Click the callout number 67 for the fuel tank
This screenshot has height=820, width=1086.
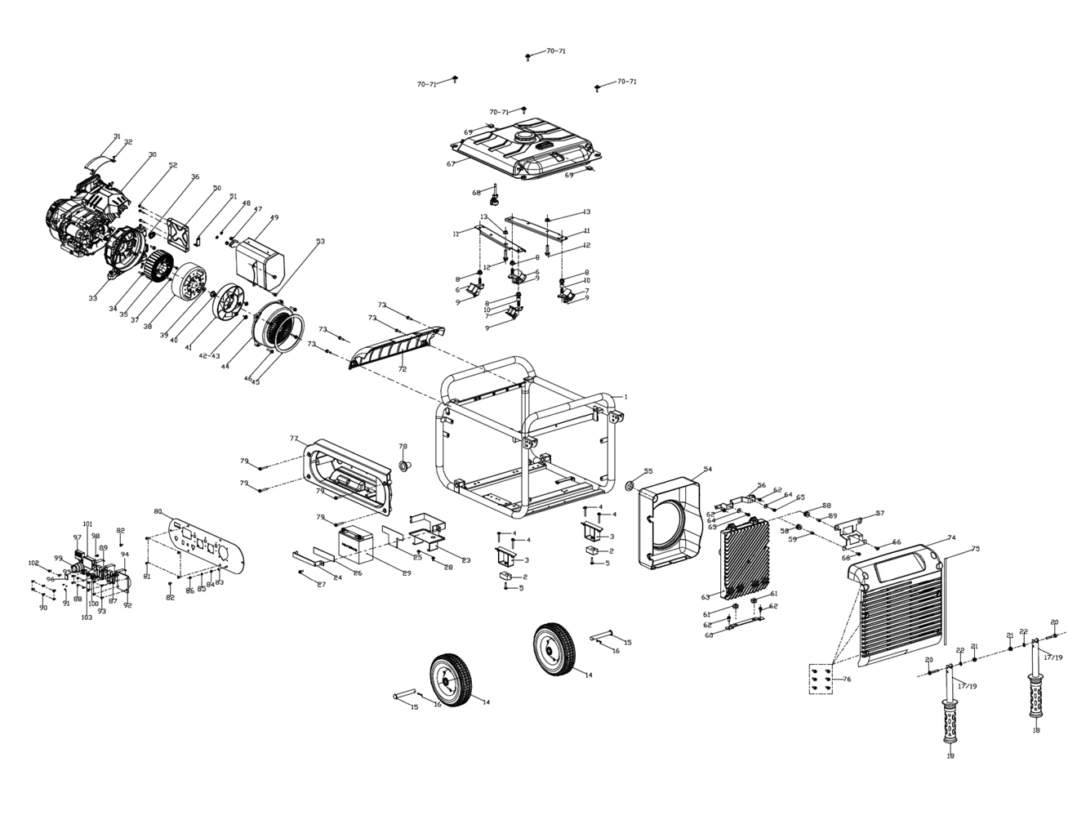point(451,164)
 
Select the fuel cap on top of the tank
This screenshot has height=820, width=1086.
point(524,135)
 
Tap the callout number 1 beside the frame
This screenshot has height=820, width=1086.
point(625,396)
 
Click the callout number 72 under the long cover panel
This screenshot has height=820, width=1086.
point(402,370)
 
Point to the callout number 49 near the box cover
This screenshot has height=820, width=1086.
point(274,218)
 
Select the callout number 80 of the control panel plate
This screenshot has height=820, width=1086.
point(158,511)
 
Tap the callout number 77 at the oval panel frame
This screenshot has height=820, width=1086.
point(294,439)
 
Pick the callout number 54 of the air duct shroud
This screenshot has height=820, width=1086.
point(708,469)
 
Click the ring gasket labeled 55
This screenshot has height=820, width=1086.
point(630,487)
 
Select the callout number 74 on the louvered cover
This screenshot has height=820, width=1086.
point(951,537)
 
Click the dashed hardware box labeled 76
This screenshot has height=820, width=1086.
point(822,680)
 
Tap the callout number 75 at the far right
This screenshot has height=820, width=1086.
point(975,550)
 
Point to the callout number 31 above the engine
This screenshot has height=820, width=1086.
point(117,136)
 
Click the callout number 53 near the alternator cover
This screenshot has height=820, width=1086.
point(320,241)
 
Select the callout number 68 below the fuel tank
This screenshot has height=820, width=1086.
point(476,193)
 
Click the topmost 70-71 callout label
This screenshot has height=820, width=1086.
point(556,51)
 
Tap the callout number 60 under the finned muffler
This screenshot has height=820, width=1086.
point(709,635)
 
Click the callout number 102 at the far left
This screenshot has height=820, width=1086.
point(33,563)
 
